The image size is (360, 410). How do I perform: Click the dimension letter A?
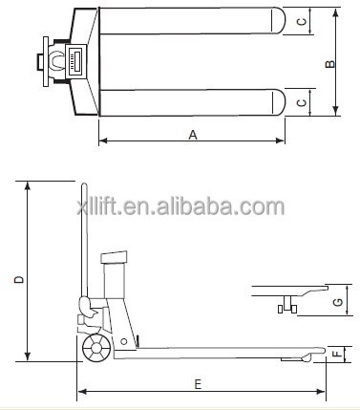(192, 136)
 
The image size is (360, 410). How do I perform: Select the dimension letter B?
(330, 64)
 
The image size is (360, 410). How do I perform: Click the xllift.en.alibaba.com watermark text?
(180, 205)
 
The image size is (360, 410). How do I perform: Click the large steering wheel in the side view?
(95, 348)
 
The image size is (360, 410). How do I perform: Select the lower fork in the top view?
(191, 101)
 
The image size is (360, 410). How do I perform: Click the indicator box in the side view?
(114, 255)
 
